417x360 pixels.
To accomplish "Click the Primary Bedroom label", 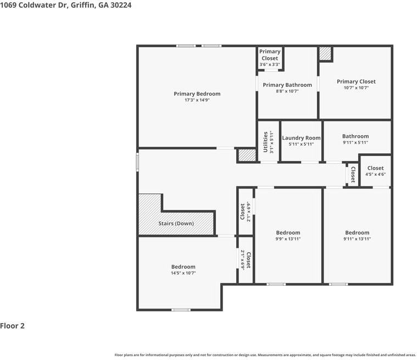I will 197,94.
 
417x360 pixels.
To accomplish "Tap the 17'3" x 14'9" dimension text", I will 197,101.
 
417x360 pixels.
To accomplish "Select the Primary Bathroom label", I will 287,85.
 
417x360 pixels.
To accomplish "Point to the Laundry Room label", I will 301,138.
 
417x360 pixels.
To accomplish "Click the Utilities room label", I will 265,141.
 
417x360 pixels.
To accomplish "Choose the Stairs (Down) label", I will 176,224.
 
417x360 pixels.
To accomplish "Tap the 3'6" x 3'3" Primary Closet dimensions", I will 270,64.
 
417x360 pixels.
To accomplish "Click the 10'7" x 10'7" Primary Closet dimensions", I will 356,88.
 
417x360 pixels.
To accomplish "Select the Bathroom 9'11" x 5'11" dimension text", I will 355,143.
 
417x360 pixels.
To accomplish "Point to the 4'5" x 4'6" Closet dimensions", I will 375,174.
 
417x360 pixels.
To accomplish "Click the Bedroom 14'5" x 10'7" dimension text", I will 183,273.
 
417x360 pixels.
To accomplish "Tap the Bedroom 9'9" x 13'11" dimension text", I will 288,239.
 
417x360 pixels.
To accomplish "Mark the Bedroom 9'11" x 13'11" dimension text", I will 357,239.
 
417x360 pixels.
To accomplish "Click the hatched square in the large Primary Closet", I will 325,53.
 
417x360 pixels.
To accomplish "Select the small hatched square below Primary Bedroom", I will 247,155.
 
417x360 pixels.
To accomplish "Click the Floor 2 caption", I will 13,326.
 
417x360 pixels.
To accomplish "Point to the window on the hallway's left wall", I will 137,162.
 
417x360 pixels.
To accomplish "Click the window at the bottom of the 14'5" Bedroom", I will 180,310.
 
